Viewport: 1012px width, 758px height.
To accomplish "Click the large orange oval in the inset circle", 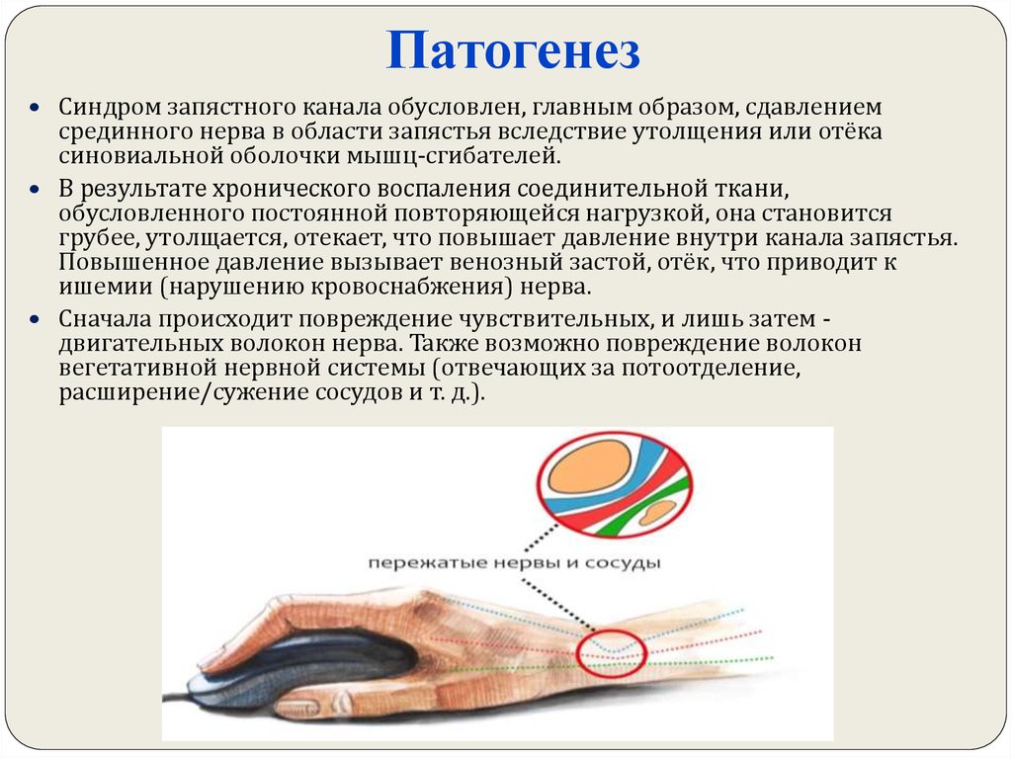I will (590, 466).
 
